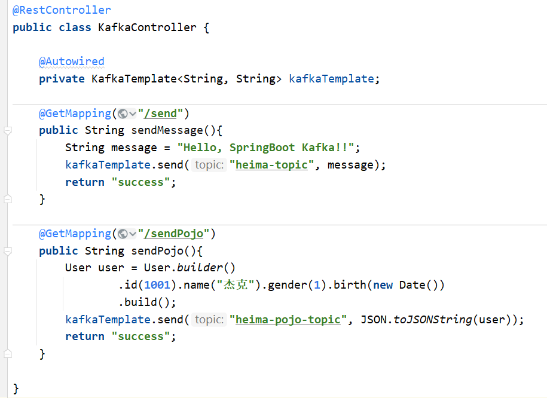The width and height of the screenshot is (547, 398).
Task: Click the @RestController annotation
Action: [x=62, y=10]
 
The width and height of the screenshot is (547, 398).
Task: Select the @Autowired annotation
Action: [x=72, y=62]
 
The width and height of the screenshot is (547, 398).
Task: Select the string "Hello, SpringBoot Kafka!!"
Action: [x=266, y=148]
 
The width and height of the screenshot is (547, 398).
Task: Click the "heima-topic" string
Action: [x=271, y=165]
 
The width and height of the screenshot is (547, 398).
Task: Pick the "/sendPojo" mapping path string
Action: [x=176, y=234]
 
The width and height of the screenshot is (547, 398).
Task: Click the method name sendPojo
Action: [x=154, y=251]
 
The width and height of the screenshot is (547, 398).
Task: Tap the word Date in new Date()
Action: [x=412, y=285]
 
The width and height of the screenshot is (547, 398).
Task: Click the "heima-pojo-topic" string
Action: [x=288, y=320]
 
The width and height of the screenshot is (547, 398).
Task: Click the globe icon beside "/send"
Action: [x=123, y=114]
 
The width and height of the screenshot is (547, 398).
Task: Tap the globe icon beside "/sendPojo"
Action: [x=123, y=234]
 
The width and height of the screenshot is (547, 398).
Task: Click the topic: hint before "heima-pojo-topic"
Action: [x=209, y=320]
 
